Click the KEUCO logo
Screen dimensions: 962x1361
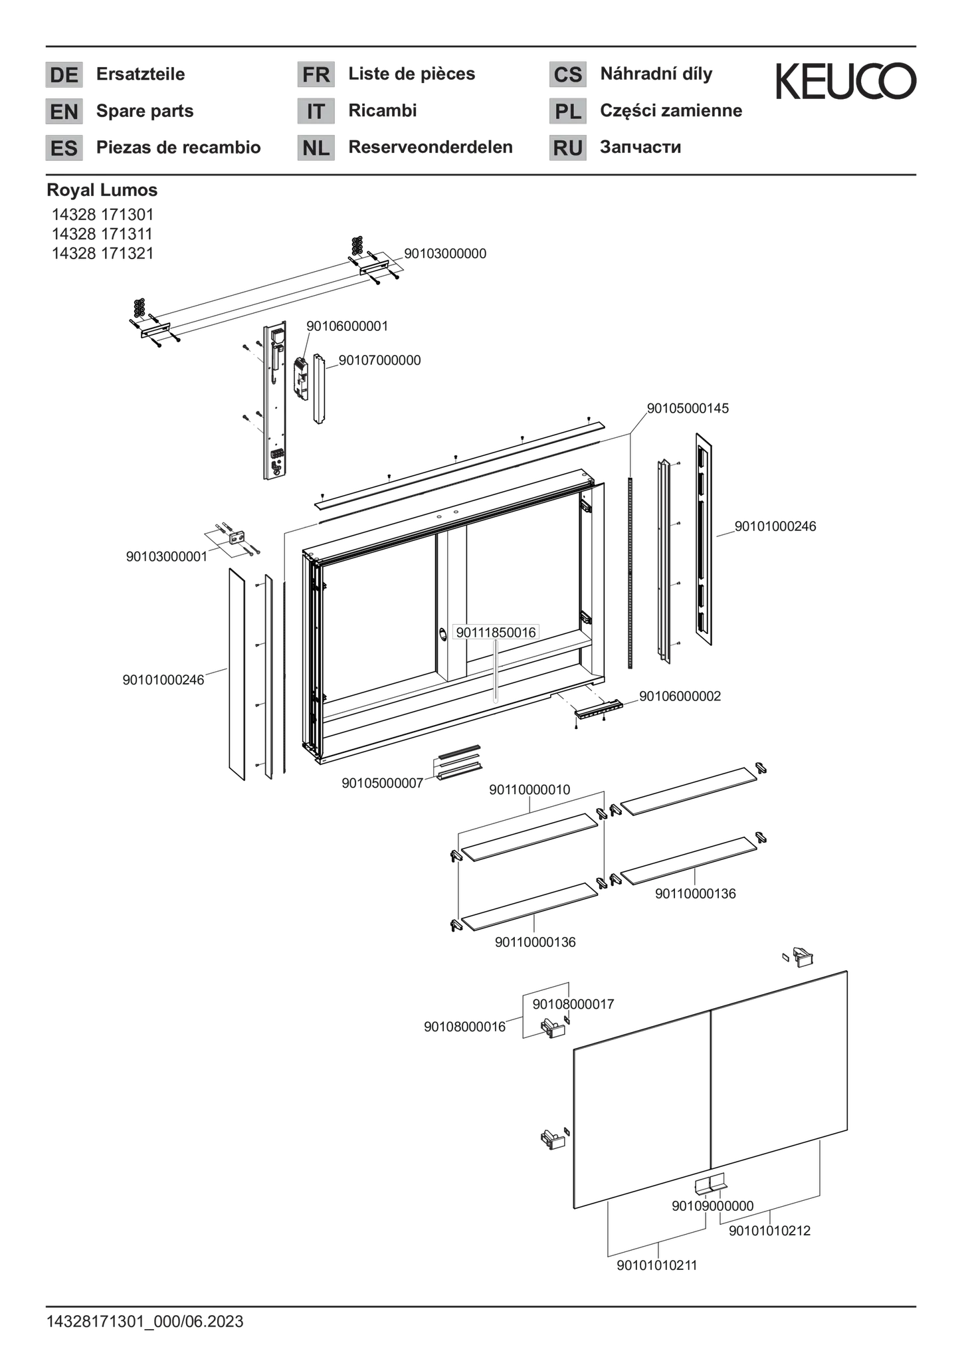coord(846,81)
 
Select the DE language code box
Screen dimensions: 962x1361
coord(64,74)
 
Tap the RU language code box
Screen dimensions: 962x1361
coord(567,148)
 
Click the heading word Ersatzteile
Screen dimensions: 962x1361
coord(141,74)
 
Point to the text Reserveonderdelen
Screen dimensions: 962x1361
coord(431,147)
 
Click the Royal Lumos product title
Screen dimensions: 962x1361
coord(102,190)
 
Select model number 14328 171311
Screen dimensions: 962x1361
coord(102,234)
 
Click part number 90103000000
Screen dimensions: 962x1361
coord(445,253)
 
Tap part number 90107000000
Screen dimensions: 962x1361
coord(380,360)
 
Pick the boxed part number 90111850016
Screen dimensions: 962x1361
coord(495,632)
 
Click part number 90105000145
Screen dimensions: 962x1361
coord(688,408)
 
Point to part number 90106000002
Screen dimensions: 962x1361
coord(680,696)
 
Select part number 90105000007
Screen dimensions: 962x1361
coord(383,783)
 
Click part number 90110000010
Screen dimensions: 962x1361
coord(529,789)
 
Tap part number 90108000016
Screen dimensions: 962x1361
coord(465,1027)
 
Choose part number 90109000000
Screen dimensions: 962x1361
coord(713,1205)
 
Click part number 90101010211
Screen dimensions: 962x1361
coord(657,1265)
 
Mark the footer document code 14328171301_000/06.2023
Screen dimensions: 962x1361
coord(145,1322)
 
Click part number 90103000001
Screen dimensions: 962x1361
coord(167,556)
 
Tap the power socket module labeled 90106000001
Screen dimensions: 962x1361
coord(302,379)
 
